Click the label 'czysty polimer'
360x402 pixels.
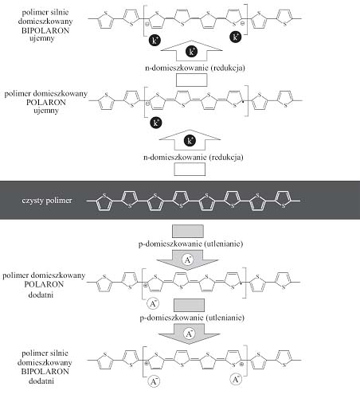point(47,201)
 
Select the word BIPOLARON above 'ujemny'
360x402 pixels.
point(45,30)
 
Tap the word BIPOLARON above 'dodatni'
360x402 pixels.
point(45,371)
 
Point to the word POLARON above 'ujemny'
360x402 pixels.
point(46,102)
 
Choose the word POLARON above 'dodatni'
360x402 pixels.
point(44,284)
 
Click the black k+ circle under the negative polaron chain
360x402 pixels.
point(155,123)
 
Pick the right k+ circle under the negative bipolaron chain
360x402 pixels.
point(236,37)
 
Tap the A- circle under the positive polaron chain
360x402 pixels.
point(153,303)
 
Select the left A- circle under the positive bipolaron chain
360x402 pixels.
point(154,381)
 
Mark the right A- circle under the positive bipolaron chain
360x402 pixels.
point(236,380)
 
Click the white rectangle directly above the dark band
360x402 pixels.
point(190,169)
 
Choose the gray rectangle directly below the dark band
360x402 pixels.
point(188,231)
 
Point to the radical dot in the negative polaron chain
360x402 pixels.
point(243,101)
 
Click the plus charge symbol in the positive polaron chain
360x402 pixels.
point(145,286)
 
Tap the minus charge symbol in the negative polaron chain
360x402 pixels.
point(147,103)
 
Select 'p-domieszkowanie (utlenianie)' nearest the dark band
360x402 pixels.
point(190,244)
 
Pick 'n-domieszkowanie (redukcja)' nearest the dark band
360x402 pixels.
point(194,157)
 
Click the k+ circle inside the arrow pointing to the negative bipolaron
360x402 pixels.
point(191,52)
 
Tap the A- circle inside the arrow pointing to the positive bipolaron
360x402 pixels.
point(189,334)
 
